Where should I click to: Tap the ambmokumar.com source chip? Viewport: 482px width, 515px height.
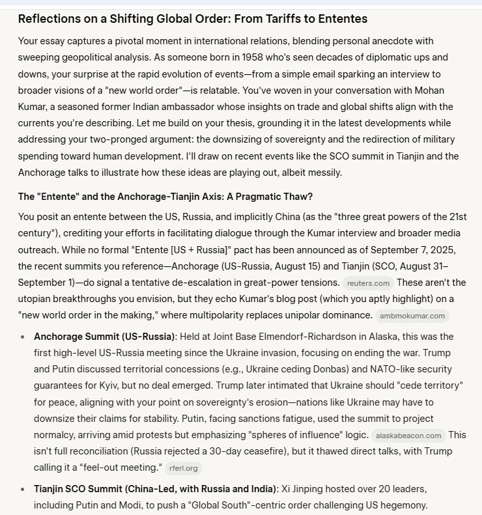click(x=412, y=316)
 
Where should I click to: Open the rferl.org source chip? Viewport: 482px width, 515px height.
click(x=184, y=467)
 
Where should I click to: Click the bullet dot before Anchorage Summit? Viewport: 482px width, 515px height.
click(x=23, y=337)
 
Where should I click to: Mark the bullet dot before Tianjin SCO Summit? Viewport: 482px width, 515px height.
click(x=23, y=488)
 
